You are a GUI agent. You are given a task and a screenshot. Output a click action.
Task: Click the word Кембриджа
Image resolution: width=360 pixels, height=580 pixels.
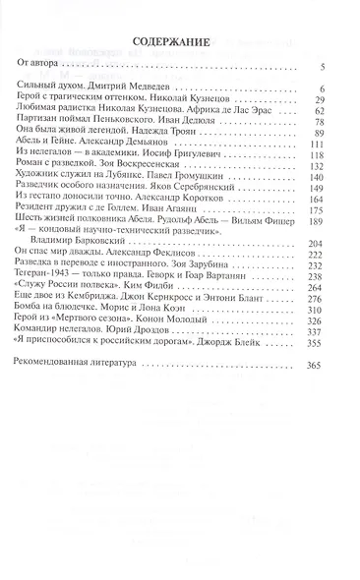(96, 278)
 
